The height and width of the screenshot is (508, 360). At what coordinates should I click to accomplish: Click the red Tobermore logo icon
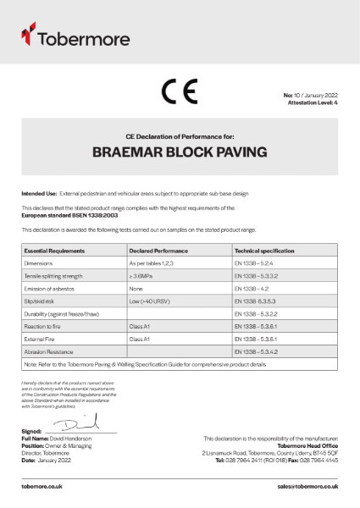pyautogui.click(x=28, y=35)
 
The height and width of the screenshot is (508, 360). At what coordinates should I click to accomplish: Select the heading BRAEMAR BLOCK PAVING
pyautogui.click(x=180, y=152)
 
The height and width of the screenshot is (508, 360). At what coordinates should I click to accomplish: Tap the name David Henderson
pyautogui.click(x=70, y=437)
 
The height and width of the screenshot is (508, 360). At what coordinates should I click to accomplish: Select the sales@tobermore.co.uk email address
pyautogui.click(x=307, y=487)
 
